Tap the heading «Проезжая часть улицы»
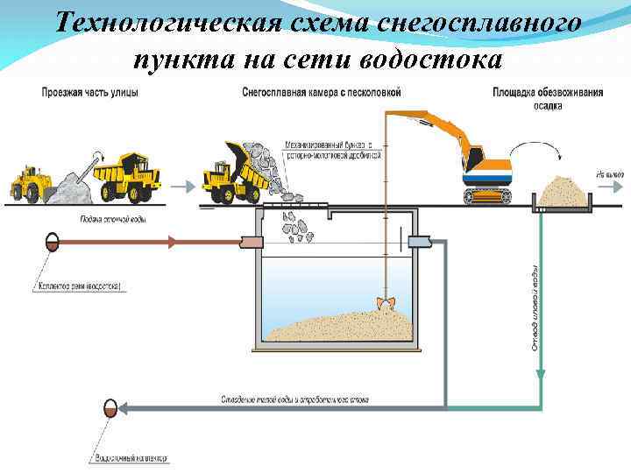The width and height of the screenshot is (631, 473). click(x=89, y=93)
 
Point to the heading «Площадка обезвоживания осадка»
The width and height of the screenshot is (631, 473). click(x=548, y=98)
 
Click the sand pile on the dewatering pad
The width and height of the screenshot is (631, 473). click(x=561, y=190)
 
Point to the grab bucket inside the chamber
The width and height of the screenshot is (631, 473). click(x=384, y=303)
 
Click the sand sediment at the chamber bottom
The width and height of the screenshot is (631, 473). click(x=342, y=328)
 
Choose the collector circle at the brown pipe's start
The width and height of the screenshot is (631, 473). click(x=53, y=240)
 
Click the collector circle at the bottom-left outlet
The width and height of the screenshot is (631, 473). click(x=110, y=408)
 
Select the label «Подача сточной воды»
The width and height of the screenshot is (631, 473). click(x=112, y=219)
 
